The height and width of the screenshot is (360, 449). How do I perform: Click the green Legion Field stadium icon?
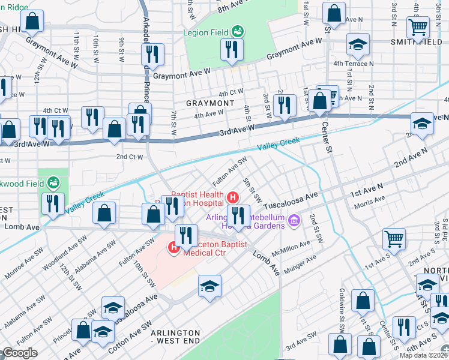pyautogui.click(x=238, y=31)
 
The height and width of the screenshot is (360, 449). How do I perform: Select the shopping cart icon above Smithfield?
pyautogui.click(x=418, y=27)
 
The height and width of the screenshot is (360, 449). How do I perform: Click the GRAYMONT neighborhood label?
pyautogui.click(x=209, y=103)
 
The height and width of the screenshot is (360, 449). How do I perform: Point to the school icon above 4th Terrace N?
pyautogui.click(x=358, y=44)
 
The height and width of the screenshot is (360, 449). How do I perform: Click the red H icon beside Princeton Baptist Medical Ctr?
pyautogui.click(x=175, y=246)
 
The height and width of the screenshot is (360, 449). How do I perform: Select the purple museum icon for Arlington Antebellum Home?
pyautogui.click(x=294, y=221)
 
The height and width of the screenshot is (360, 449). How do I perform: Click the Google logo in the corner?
pyautogui.click(x=19, y=353)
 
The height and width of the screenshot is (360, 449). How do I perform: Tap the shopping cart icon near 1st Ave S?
pyautogui.click(x=394, y=238)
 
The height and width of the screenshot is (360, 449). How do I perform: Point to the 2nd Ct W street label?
pyautogui.click(x=129, y=157)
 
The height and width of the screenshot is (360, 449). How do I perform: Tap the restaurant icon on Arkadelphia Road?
pyautogui.click(x=152, y=55)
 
